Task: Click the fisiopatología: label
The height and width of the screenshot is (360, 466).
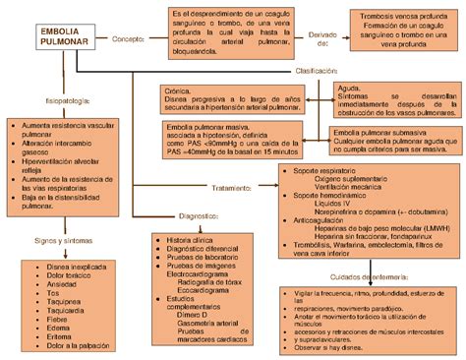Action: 45,100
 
